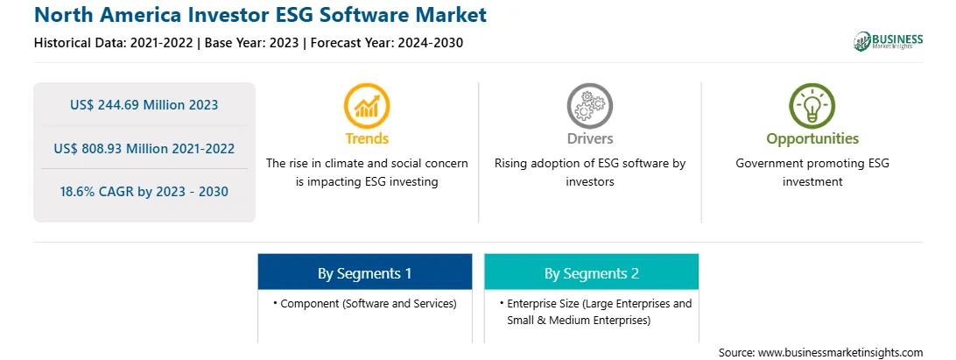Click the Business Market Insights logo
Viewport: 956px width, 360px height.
click(x=889, y=41)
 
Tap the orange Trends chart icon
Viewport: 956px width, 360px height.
click(x=367, y=106)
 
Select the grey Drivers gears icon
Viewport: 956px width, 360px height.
click(x=589, y=106)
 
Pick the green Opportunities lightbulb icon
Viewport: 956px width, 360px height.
click(x=812, y=106)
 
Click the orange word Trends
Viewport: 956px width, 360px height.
click(x=367, y=138)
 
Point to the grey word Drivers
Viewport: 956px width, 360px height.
click(x=589, y=138)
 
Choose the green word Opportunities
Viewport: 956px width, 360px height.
click(x=812, y=139)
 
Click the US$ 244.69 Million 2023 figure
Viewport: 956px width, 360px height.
click(x=144, y=105)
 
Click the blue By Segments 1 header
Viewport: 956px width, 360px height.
click(x=364, y=273)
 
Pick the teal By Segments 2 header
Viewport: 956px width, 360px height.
click(x=592, y=273)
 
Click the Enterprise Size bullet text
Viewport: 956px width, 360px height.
click(x=595, y=312)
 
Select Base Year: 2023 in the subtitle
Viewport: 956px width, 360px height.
click(x=252, y=43)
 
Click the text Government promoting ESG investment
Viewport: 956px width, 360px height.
click(x=812, y=173)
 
